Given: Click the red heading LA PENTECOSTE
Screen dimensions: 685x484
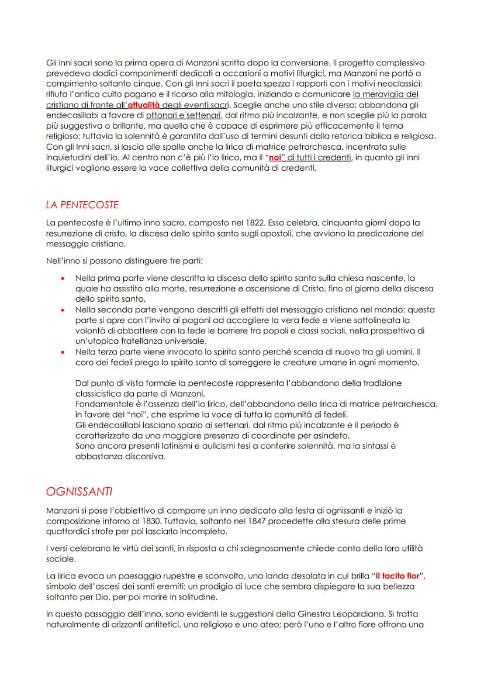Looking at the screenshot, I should point(82,205).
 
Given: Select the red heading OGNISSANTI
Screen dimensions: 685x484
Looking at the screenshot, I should point(79,492).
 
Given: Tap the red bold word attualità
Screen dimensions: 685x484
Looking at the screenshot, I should point(144,105).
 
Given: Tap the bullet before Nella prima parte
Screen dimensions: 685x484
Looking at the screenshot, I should point(63,278).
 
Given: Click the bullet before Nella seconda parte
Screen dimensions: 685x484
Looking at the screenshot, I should point(63,310).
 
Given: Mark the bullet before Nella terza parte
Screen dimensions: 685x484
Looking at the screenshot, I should point(63,352).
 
